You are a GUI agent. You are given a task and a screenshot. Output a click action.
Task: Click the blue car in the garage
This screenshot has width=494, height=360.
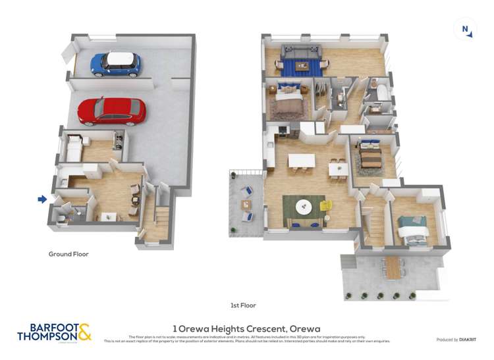pos(115,63)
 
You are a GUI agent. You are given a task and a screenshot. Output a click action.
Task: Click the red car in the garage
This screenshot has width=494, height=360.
pos(111,111)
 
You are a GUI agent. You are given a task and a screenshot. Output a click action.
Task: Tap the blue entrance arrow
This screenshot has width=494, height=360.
pos(42,199)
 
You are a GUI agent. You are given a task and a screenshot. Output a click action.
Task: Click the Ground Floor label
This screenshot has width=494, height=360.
pos(69,254)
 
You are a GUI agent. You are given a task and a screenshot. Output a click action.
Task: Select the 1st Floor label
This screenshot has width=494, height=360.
pos(243,305)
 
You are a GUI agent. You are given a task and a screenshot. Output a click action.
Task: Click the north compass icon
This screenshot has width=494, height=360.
pos(466,30)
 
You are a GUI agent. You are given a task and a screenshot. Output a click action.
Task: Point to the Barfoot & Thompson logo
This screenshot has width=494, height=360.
pos(54,332)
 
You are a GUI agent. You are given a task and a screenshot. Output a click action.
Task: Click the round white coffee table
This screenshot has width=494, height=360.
pos(304,207)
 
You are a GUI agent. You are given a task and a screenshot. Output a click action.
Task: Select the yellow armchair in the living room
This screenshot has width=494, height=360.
pos(326,206)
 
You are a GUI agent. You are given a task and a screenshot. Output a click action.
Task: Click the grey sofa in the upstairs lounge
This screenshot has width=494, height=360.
pos(301,51)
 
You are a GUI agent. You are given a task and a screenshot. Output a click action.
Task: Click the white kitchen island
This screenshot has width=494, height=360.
pos(302,161)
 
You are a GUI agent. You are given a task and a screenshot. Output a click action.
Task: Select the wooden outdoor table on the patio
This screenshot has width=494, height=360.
pos(394,267)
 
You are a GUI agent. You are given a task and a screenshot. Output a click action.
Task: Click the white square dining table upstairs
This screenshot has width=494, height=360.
pos(339,168)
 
